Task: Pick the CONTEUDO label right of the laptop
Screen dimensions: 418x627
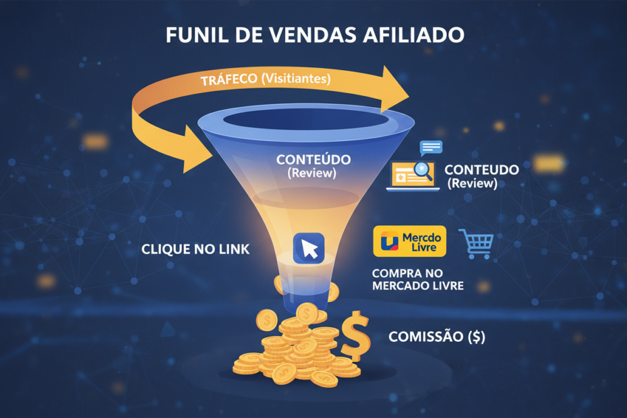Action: pyautogui.click(x=481, y=170)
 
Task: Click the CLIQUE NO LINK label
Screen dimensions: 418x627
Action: pyautogui.click(x=196, y=249)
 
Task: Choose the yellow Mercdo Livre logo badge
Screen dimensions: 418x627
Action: pyautogui.click(x=409, y=241)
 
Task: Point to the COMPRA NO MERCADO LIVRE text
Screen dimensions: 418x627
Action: pyautogui.click(x=418, y=280)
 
